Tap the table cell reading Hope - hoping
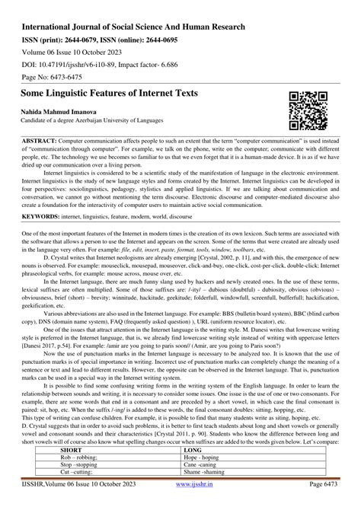pos(200,460)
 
